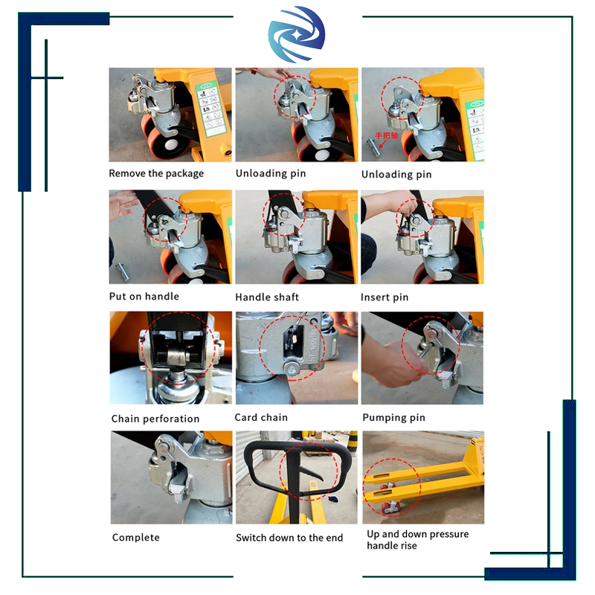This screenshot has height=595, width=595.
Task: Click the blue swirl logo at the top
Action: (297, 37)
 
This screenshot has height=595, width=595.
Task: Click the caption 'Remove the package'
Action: (156, 173)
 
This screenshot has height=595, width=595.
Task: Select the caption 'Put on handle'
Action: (145, 296)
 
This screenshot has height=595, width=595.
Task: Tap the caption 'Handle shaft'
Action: (267, 297)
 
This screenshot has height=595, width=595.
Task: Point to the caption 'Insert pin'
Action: (385, 297)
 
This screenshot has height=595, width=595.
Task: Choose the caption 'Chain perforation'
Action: (155, 419)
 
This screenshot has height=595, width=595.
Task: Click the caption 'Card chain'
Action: (261, 417)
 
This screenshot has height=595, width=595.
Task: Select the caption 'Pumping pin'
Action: (393, 417)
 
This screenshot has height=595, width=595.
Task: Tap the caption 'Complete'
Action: (135, 537)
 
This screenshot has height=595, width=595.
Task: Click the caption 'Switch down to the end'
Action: (289, 537)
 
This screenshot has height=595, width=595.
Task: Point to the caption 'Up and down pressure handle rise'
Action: (417, 540)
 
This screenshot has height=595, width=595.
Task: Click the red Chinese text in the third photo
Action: (387, 135)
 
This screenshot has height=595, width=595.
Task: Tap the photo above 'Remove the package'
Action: (170, 115)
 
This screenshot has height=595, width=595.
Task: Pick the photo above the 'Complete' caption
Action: (171, 477)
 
